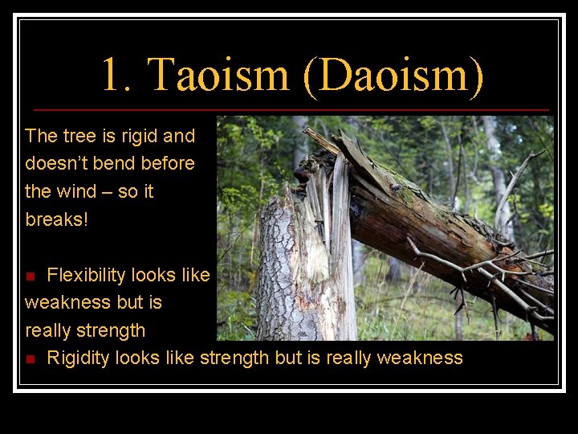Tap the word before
(168, 163)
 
